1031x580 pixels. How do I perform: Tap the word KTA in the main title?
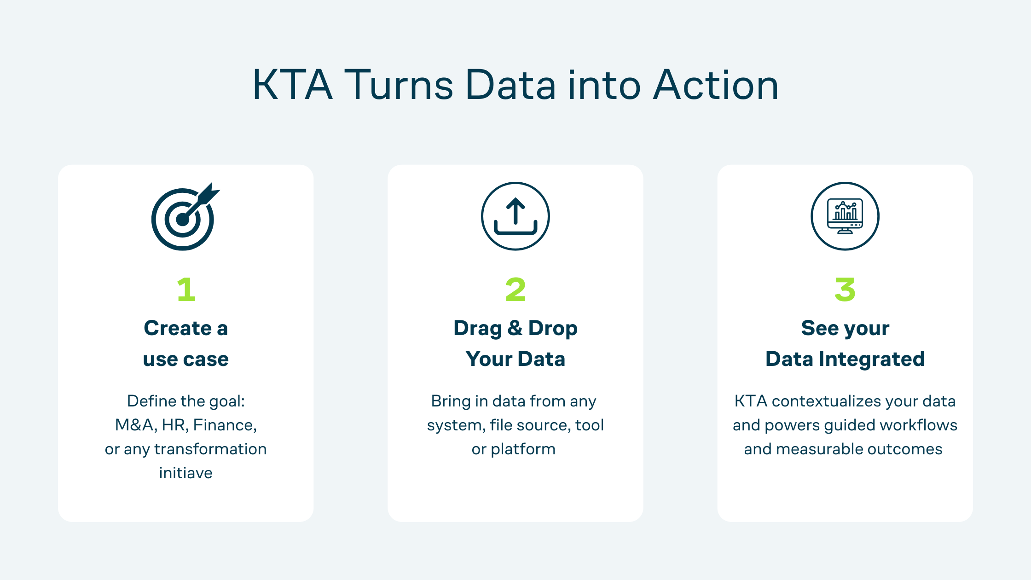tap(292, 85)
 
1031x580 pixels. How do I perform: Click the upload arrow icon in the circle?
tap(515, 216)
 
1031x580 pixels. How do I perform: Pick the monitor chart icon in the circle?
tap(845, 216)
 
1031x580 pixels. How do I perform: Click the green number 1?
tap(186, 290)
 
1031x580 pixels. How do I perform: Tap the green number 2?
tap(515, 290)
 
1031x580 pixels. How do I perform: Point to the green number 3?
tap(845, 290)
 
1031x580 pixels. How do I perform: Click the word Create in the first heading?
tap(178, 328)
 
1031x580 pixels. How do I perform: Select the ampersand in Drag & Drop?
tap(515, 328)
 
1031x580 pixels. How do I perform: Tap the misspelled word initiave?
tap(185, 473)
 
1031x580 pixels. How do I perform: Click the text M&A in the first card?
tap(133, 425)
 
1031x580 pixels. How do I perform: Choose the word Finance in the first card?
tap(224, 425)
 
